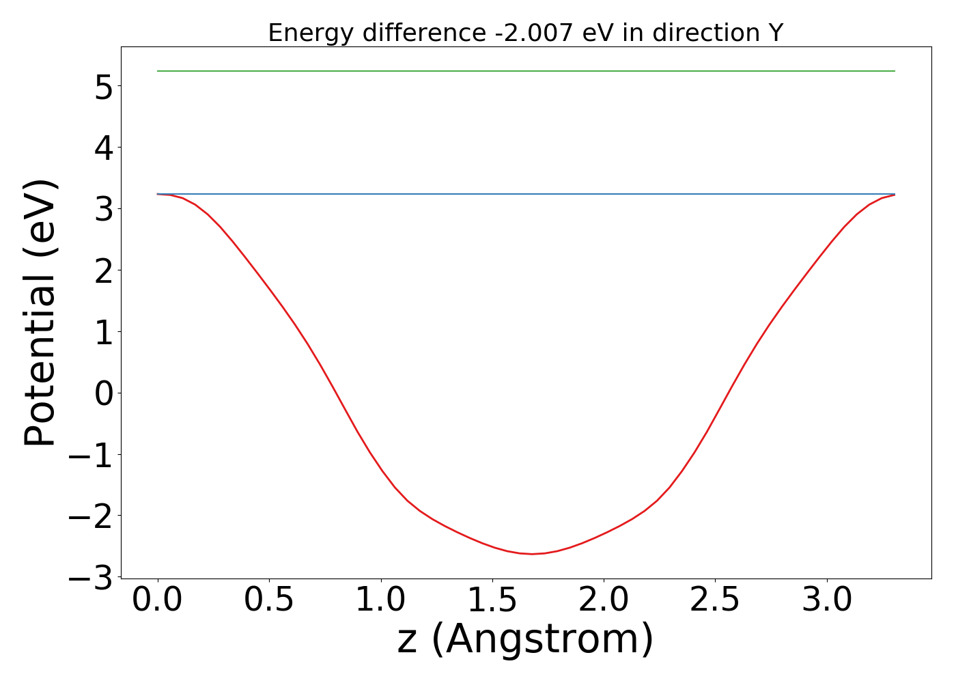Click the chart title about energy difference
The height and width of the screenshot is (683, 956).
[525, 33]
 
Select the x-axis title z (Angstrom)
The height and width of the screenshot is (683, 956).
[525, 639]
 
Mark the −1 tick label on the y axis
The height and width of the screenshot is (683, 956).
[92, 455]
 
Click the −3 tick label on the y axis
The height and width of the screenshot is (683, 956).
[92, 578]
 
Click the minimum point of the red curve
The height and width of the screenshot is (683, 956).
[533, 554]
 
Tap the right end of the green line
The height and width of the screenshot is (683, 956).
[895, 71]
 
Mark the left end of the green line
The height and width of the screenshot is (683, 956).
[158, 71]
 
